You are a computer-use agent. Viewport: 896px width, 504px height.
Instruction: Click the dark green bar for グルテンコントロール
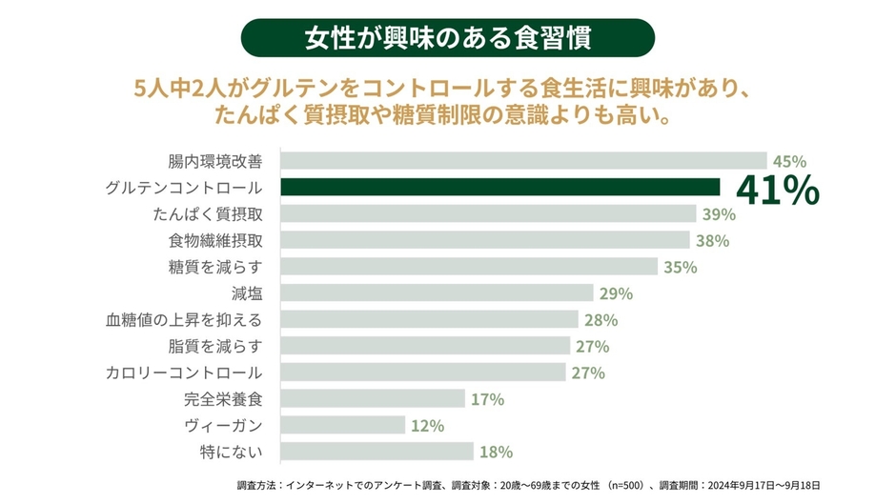tap(500, 187)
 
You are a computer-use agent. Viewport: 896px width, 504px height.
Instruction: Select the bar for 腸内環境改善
tap(524, 160)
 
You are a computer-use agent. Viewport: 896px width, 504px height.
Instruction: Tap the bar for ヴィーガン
tap(344, 425)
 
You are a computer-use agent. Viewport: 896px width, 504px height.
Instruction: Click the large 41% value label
tap(777, 191)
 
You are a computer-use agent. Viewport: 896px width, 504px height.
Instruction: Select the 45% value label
tap(790, 161)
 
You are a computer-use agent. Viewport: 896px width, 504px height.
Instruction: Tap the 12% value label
tap(427, 426)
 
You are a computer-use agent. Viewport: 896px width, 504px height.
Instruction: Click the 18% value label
tap(496, 452)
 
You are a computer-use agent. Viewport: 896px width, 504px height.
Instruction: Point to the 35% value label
tap(680, 267)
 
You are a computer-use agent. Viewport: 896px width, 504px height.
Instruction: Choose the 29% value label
tap(615, 293)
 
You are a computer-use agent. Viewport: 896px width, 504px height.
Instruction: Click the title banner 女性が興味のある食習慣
tap(448, 38)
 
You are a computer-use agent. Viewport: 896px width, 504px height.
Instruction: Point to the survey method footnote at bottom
tap(528, 485)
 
